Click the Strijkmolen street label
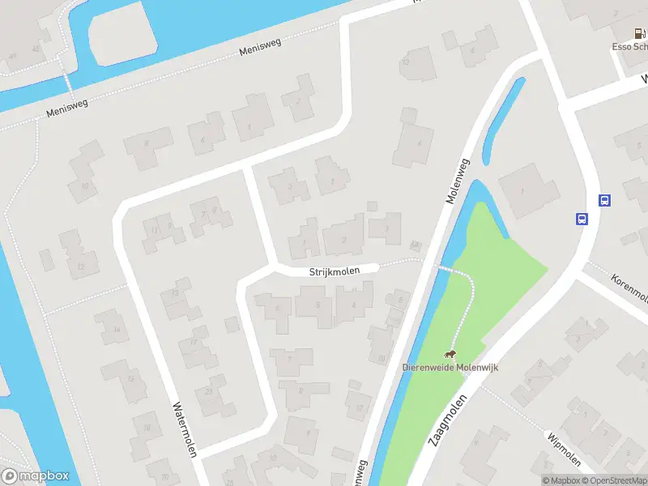pos(333,273)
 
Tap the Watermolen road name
pos(185,429)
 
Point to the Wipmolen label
pos(565,450)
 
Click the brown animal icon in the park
pos(449,354)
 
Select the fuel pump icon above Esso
pos(639,34)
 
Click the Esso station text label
pos(629,47)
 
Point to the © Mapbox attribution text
pos(560,480)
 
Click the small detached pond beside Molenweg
pos(501,122)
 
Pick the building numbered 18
pos(147,426)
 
